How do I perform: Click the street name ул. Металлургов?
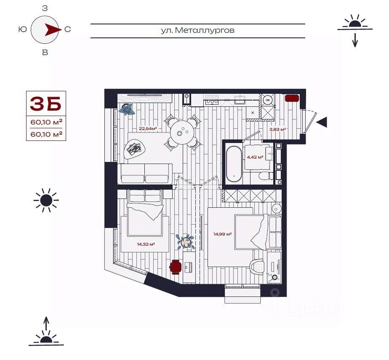[x=197, y=30]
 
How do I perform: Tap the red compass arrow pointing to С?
[x=52, y=29]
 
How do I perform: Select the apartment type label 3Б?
[x=45, y=103]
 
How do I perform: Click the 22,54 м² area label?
[x=148, y=129]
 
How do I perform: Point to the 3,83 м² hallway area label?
[x=277, y=130]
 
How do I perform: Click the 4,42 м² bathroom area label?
[x=255, y=157]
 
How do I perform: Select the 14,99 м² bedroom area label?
[x=223, y=234]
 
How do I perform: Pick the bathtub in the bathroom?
[x=233, y=163]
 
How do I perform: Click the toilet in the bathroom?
[x=264, y=176]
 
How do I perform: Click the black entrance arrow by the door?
[x=322, y=122]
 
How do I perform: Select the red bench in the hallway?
[x=292, y=98]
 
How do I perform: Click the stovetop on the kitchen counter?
[x=212, y=99]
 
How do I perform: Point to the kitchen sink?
[x=240, y=99]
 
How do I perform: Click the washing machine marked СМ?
[x=267, y=99]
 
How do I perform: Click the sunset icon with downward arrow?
[x=355, y=29]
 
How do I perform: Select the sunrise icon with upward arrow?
[x=46, y=332]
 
